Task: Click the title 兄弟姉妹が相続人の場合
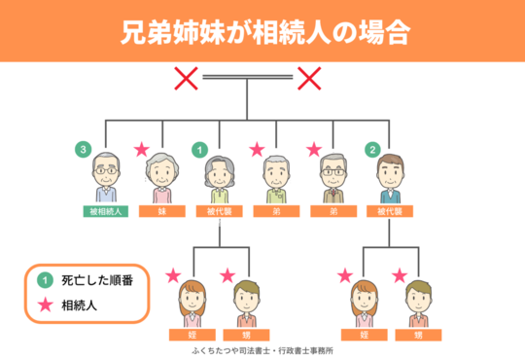pyautogui.click(x=262, y=32)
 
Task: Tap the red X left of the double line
pyautogui.click(x=186, y=77)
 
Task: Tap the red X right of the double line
pyautogui.click(x=309, y=77)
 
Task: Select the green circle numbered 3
pyautogui.click(x=86, y=150)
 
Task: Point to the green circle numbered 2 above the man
pyautogui.click(x=371, y=150)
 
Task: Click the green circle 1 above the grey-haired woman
pyautogui.click(x=199, y=150)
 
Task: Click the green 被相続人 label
pyautogui.click(x=105, y=209)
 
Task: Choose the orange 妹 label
pyautogui.click(x=162, y=209)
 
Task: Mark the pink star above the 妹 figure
pyautogui.click(x=142, y=150)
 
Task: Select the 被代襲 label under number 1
pyautogui.click(x=220, y=209)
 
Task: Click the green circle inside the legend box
pyautogui.click(x=44, y=281)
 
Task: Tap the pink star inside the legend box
pyautogui.click(x=44, y=305)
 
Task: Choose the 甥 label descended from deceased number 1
pyautogui.click(x=248, y=334)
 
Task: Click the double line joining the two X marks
pyautogui.click(x=247, y=76)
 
